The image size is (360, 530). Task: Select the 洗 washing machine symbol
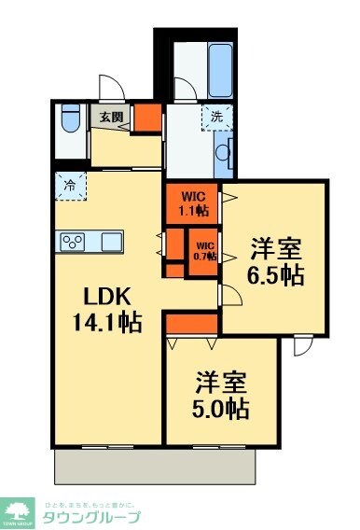click(216, 119)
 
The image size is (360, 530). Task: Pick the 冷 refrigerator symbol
click(69, 185)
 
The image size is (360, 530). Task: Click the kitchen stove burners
click(73, 240)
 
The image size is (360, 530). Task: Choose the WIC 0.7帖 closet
click(204, 251)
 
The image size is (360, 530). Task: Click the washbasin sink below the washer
click(225, 153)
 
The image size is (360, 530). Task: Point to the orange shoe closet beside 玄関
click(145, 119)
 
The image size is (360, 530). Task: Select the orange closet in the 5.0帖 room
click(191, 323)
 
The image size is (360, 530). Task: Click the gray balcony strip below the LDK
click(154, 464)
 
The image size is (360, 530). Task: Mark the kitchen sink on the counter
click(111, 240)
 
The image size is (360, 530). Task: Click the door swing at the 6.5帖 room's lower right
click(303, 346)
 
